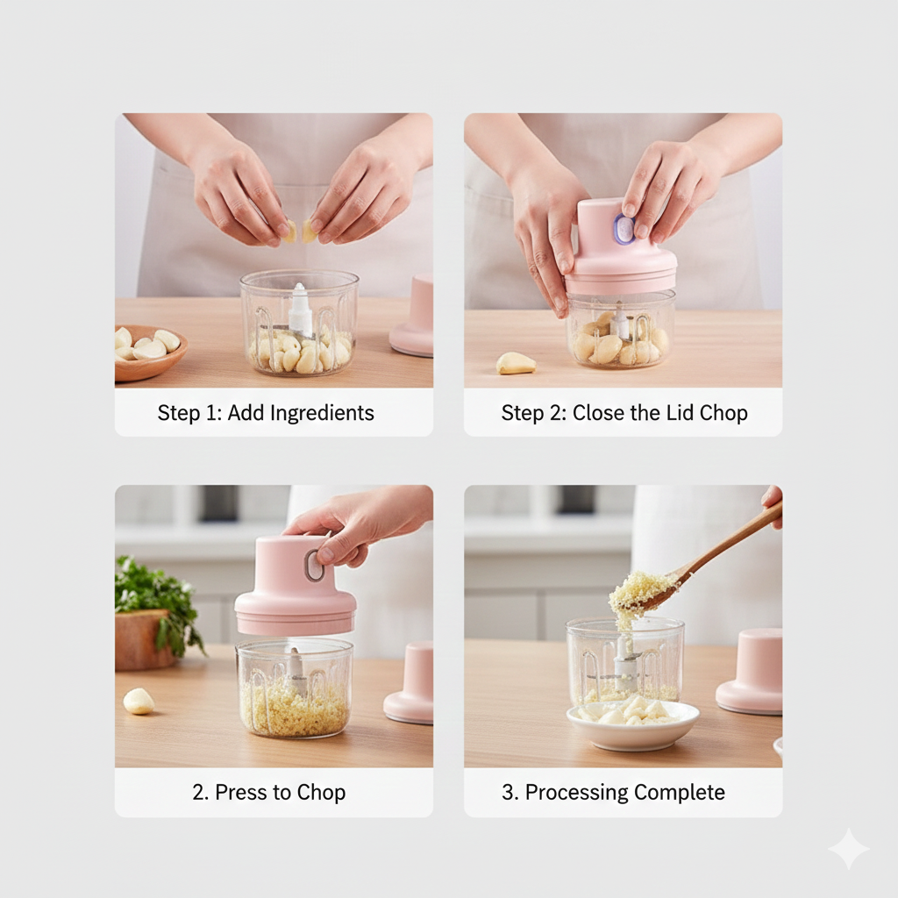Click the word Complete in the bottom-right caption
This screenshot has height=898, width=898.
tap(680, 793)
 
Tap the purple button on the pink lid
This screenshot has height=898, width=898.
tap(624, 230)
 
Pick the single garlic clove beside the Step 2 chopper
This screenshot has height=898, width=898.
tap(515, 363)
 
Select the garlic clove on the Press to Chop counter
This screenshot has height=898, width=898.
tap(139, 701)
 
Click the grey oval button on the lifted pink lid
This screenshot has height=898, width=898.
tap(314, 566)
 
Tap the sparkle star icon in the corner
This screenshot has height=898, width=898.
tap(848, 849)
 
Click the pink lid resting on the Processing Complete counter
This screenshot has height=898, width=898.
tap(751, 670)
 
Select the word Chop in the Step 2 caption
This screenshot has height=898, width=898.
tap(723, 413)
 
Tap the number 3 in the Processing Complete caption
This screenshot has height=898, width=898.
tap(507, 793)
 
